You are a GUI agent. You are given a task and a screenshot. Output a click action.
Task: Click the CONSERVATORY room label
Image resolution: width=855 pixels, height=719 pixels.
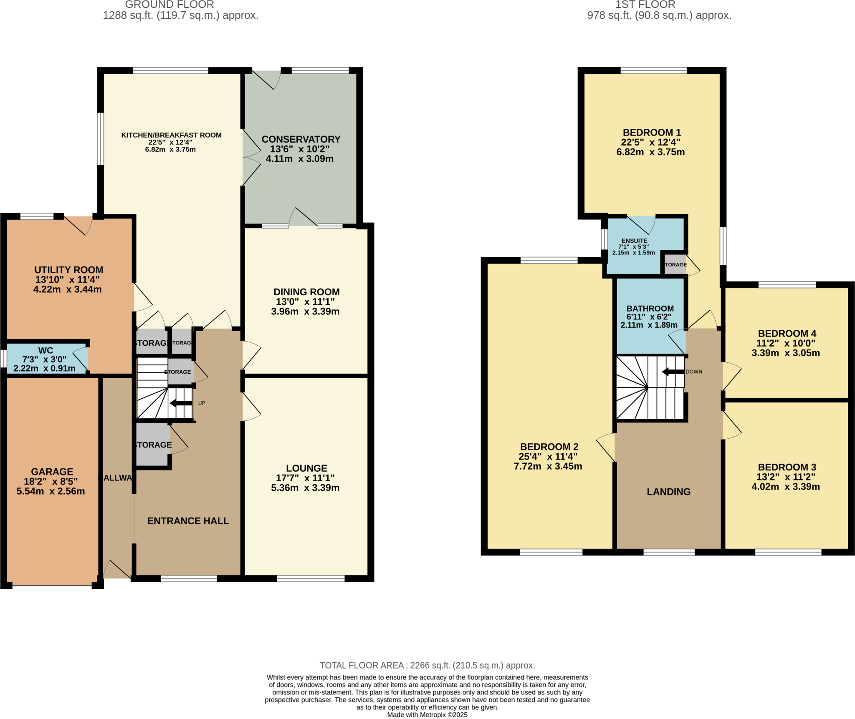(x=301, y=139)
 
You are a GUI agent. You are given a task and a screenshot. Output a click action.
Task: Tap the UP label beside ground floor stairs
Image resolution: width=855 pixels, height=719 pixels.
(x=202, y=403)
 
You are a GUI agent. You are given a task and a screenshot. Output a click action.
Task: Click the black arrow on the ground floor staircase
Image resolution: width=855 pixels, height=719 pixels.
(x=181, y=403)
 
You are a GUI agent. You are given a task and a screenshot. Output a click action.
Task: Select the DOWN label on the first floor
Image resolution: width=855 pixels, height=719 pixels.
(x=694, y=372)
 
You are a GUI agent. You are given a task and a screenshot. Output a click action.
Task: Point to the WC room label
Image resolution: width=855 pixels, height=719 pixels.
(x=46, y=350)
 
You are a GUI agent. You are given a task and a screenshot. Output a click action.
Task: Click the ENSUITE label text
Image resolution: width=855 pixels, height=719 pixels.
(x=634, y=241)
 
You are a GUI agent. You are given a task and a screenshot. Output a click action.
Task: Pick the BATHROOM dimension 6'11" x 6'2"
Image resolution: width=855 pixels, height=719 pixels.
(x=649, y=317)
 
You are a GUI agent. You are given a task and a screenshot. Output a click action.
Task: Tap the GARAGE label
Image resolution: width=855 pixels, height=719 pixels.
(x=52, y=472)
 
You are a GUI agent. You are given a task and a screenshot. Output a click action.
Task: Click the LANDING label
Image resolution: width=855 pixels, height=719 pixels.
(x=668, y=492)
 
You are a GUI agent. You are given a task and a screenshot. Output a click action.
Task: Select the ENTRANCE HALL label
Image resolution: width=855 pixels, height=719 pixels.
(x=188, y=521)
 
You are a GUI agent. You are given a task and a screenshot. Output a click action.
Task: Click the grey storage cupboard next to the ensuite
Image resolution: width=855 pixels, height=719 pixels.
(x=675, y=265)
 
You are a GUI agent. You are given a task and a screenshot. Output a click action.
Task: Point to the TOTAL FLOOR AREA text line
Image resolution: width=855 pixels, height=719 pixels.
(x=427, y=665)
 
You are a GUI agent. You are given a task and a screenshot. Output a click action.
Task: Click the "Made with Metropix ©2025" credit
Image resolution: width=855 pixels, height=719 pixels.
(x=427, y=715)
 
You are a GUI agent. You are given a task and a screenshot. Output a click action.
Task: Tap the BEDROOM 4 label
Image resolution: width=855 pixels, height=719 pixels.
(x=787, y=334)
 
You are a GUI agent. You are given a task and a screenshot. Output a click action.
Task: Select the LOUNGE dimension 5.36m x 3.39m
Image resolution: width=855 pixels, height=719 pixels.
(x=305, y=488)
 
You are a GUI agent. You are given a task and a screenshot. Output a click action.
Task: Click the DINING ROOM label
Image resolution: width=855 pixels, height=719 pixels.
(x=306, y=292)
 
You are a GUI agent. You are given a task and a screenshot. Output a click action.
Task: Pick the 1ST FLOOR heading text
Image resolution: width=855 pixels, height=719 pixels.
(x=645, y=5)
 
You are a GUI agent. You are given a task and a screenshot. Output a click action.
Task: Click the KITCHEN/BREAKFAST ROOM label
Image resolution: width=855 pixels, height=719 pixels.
(x=171, y=135)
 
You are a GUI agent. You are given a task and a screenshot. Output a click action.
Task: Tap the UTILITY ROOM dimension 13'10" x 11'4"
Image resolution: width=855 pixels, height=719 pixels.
(x=67, y=279)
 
